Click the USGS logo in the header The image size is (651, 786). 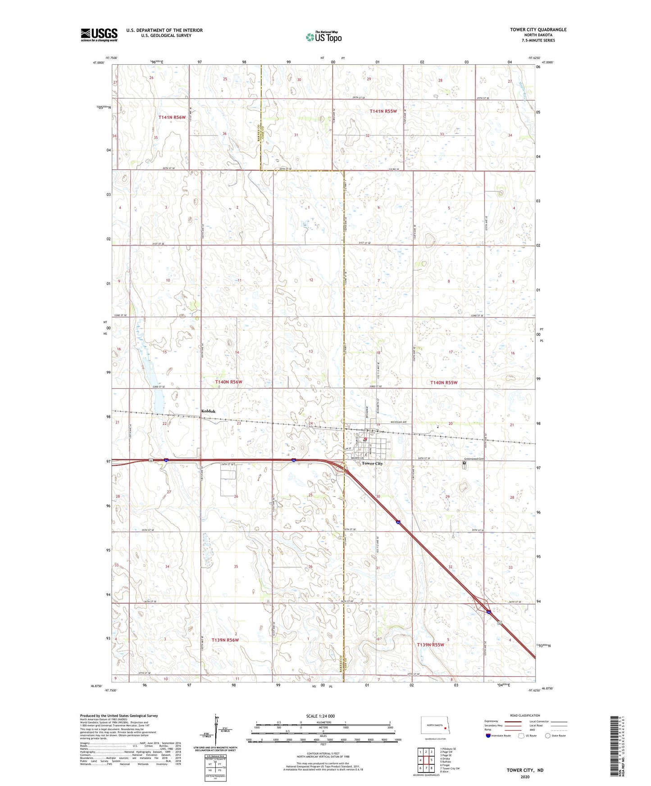[99, 35]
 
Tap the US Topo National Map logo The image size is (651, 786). [323, 37]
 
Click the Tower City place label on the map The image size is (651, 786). [372, 463]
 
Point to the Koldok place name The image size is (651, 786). [208, 411]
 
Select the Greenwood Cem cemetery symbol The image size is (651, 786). [464, 463]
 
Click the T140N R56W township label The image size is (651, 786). [228, 382]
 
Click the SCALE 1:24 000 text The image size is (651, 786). [320, 716]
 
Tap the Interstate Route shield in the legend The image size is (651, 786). [488, 736]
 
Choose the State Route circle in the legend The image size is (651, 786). [548, 736]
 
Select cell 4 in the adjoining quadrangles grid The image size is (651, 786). [420, 760]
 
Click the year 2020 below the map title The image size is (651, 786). [525, 777]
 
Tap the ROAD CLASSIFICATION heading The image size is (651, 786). [525, 715]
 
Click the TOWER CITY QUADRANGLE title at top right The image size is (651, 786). [538, 30]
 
